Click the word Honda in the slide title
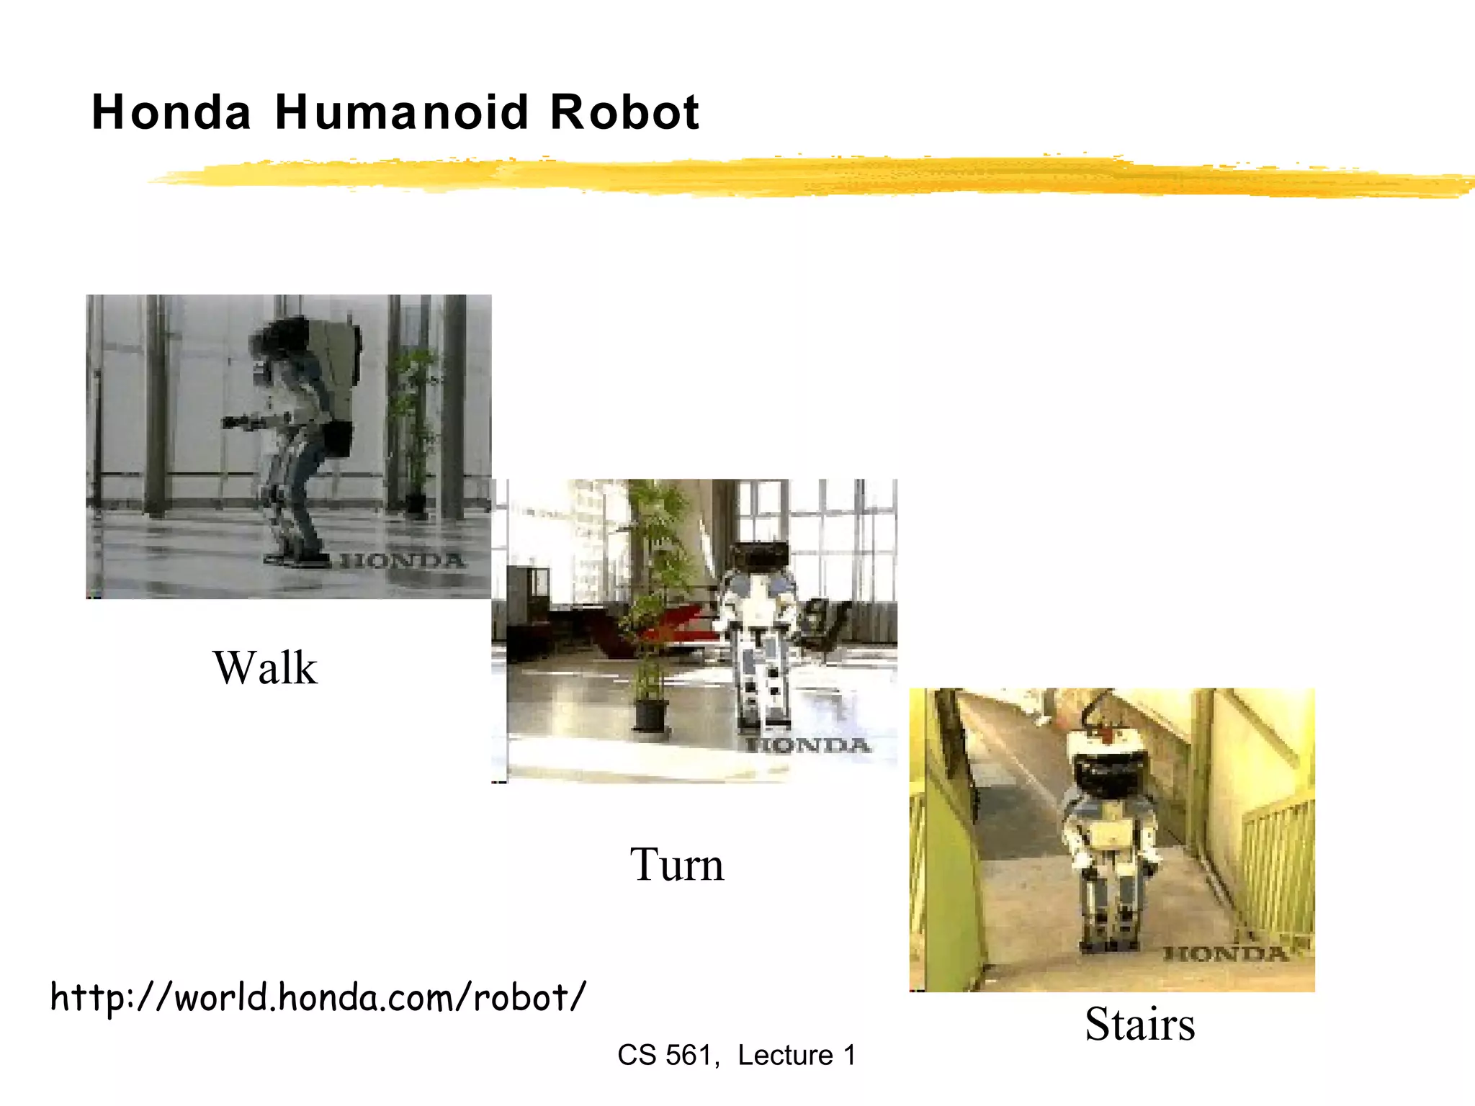pyautogui.click(x=171, y=113)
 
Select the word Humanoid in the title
pyautogui.click(x=402, y=113)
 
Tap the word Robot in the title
pyautogui.click(x=624, y=113)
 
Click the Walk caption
pyautogui.click(x=264, y=668)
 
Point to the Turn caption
pyautogui.click(x=676, y=864)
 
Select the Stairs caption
pyautogui.click(x=1139, y=1024)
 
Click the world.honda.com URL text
pyautogui.click(x=318, y=998)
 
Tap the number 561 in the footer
pyautogui.click(x=687, y=1056)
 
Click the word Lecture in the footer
pyautogui.click(x=785, y=1056)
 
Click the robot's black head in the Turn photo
pyautogui.click(x=759, y=555)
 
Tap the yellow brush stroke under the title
pyautogui.click(x=792, y=176)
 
